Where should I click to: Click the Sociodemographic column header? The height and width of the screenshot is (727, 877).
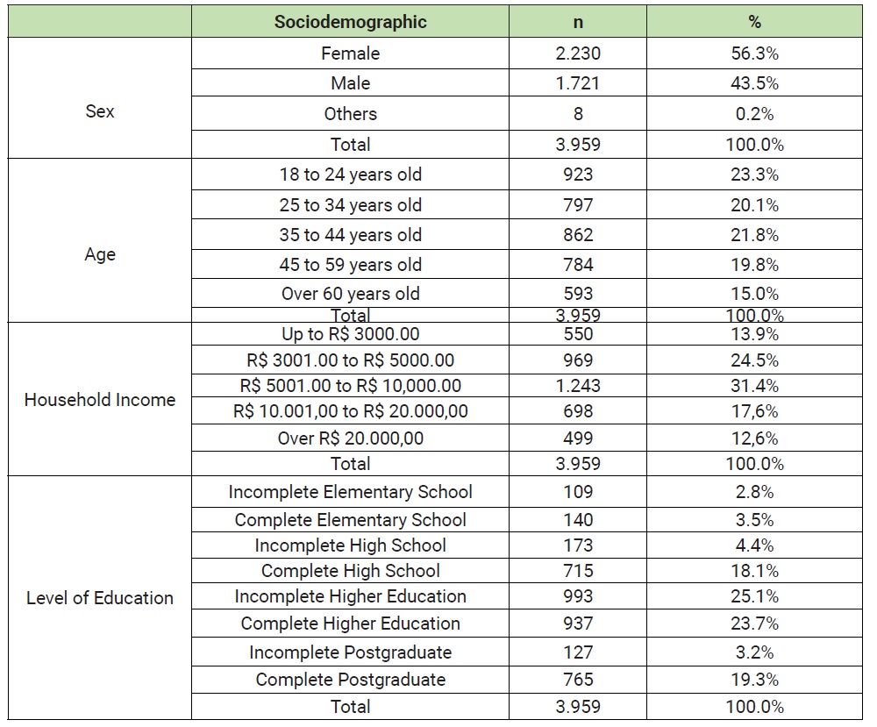(350, 23)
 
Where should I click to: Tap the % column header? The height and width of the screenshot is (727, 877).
(754, 23)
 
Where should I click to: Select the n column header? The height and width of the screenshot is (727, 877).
(578, 23)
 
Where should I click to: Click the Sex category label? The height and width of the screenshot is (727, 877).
(100, 112)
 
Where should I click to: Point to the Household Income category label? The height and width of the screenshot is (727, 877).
(100, 400)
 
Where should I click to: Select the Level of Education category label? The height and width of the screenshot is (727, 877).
(100, 598)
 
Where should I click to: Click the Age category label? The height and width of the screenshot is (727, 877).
(100, 254)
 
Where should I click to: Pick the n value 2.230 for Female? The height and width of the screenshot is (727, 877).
(578, 53)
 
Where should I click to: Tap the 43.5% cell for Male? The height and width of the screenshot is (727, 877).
(754, 83)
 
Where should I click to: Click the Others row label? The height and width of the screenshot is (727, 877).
(350, 114)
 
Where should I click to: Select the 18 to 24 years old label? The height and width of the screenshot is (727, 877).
(350, 175)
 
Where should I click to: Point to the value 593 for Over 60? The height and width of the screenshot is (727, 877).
(578, 294)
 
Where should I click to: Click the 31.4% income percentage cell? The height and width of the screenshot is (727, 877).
(754, 386)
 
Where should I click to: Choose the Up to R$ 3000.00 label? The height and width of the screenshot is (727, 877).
(350, 334)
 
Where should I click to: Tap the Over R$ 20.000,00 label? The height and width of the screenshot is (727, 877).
(350, 438)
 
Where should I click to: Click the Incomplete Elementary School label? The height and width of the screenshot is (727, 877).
(350, 492)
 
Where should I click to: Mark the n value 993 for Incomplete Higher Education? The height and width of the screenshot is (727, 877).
(578, 596)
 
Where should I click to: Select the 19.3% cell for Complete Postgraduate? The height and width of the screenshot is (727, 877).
(754, 680)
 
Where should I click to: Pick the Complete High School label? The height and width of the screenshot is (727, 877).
(350, 571)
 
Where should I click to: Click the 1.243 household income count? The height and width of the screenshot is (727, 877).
(578, 386)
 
